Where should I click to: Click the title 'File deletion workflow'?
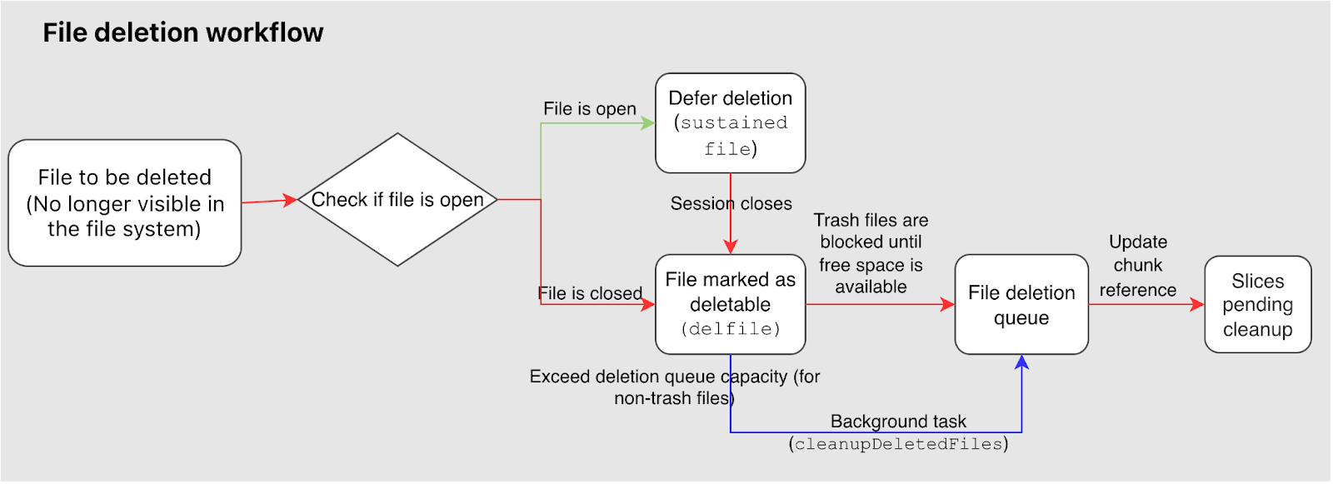click(182, 32)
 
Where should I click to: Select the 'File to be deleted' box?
click(125, 202)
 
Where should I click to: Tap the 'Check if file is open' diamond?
click(397, 200)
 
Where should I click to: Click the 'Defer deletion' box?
click(730, 122)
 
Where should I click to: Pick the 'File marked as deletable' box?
click(730, 303)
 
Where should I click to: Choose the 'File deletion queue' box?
click(1021, 304)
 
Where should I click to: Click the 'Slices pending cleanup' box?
click(1257, 304)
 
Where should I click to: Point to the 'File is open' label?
click(589, 109)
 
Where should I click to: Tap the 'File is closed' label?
click(590, 293)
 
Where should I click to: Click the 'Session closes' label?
click(731, 203)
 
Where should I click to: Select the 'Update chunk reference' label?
click(1137, 266)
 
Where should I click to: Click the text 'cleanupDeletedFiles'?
click(898, 444)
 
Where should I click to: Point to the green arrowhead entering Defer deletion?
click(648, 123)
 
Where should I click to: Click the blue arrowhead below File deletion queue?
click(1021, 362)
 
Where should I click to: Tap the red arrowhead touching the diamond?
click(291, 200)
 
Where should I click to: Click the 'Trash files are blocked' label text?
click(871, 253)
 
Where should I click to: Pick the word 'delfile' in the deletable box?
click(731, 328)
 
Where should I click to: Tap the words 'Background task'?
click(898, 422)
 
